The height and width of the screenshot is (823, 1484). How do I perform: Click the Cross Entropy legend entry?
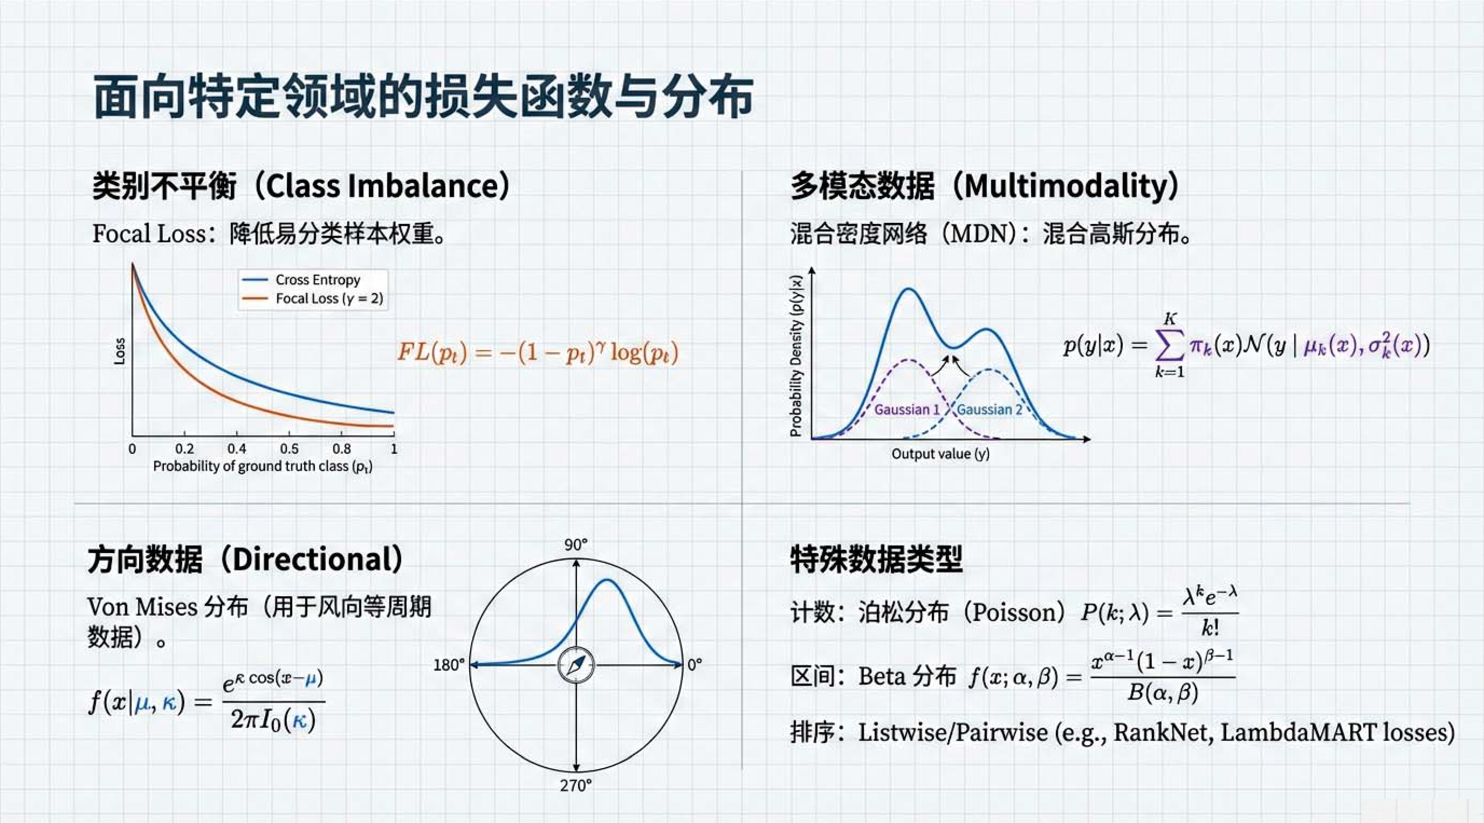(x=301, y=280)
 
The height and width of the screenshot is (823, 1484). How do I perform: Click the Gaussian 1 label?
(x=907, y=410)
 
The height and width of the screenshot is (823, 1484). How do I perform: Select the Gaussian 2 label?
(x=990, y=410)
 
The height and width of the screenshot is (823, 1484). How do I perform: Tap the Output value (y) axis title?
(x=941, y=454)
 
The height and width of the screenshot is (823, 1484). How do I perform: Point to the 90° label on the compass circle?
(x=576, y=545)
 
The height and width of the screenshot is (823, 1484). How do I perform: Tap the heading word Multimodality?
(x=1072, y=186)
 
